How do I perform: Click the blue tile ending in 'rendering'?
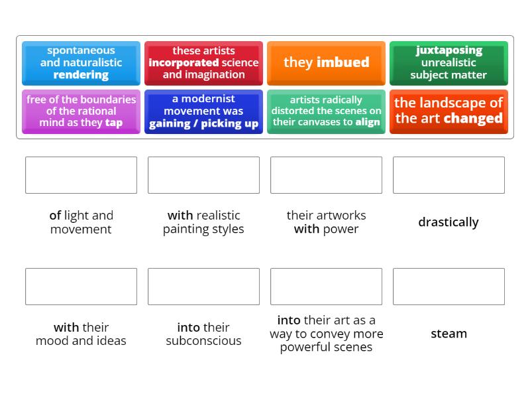(81, 63)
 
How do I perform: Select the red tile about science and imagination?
(203, 63)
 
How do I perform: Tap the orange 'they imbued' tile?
(326, 63)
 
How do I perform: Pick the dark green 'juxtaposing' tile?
(449, 63)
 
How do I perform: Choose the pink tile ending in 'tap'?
(81, 111)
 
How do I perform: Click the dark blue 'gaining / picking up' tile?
(203, 111)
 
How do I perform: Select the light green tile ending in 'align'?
(326, 111)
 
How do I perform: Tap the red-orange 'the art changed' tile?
(449, 111)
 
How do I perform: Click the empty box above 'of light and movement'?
(81, 175)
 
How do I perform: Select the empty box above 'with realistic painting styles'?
(203, 175)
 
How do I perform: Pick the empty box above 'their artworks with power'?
(326, 175)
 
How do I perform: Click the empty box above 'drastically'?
(449, 175)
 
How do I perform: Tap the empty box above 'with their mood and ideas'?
(81, 287)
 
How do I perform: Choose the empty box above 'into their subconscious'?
(203, 287)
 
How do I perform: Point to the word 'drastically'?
(449, 222)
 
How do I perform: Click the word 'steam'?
(449, 334)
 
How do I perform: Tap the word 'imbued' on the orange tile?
(343, 62)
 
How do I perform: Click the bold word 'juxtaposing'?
(449, 50)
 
